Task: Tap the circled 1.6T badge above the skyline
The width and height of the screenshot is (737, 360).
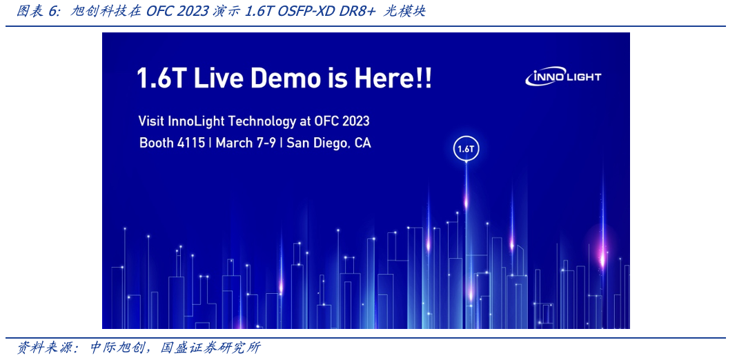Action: click(465, 149)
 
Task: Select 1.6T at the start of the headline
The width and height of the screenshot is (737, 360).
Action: click(162, 78)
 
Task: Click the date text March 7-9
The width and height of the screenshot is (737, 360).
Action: click(246, 143)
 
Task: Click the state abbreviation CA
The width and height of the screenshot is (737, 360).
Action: click(363, 143)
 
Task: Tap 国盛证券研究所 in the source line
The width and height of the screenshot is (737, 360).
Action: click(210, 348)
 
